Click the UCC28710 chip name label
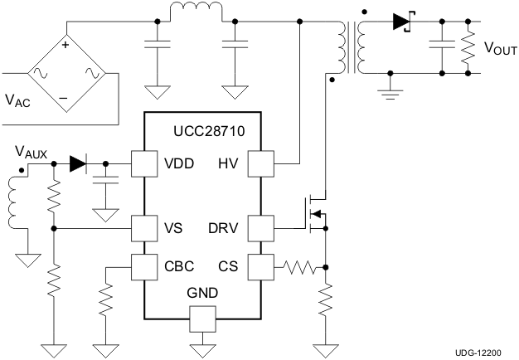coord(209,131)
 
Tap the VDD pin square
coord(144,163)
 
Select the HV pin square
coord(262,163)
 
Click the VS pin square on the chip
coord(144,226)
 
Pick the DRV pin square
coord(262,226)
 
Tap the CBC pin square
coord(144,266)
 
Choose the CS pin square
coord(262,266)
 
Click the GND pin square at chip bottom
coord(202,318)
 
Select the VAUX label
coord(32,153)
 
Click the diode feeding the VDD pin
coord(79,163)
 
